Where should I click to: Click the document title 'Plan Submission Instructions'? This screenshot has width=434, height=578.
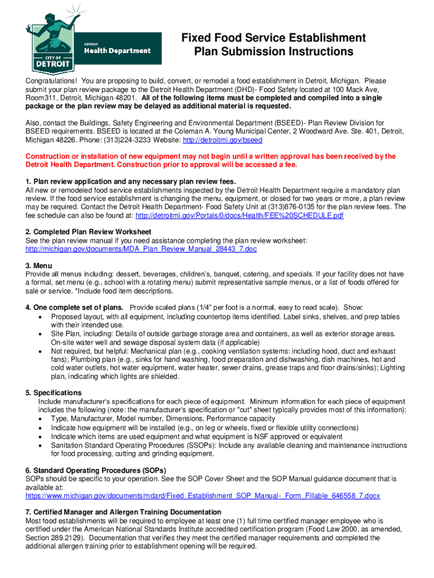273,52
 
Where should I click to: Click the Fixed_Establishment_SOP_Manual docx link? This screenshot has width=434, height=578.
203,496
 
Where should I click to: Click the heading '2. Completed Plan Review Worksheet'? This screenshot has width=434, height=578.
88,232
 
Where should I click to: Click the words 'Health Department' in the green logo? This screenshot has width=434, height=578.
117,50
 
